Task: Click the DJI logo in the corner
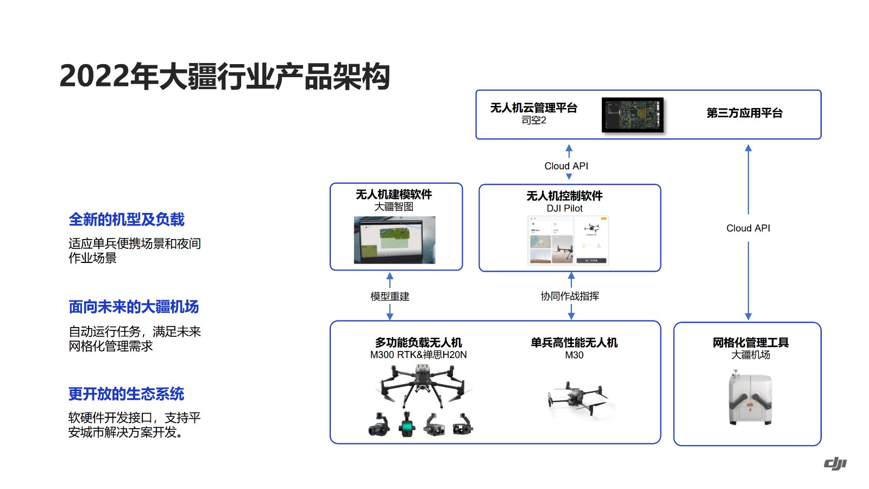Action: click(x=835, y=463)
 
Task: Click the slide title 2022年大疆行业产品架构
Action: click(x=224, y=76)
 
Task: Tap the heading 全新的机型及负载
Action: click(x=127, y=220)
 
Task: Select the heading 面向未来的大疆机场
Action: click(x=134, y=307)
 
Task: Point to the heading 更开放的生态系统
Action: click(x=126, y=394)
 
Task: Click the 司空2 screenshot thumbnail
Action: click(x=633, y=115)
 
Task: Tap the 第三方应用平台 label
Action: click(x=744, y=113)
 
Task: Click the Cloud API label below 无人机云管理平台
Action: click(x=566, y=166)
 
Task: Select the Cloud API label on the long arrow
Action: click(x=748, y=228)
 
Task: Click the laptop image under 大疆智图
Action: click(x=395, y=240)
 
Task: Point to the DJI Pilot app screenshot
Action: click(x=568, y=240)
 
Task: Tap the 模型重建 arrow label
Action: click(x=389, y=297)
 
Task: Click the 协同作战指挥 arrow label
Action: click(x=570, y=296)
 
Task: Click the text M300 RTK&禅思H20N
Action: click(x=418, y=355)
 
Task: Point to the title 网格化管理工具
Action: click(x=751, y=342)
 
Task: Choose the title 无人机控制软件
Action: click(x=564, y=196)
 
